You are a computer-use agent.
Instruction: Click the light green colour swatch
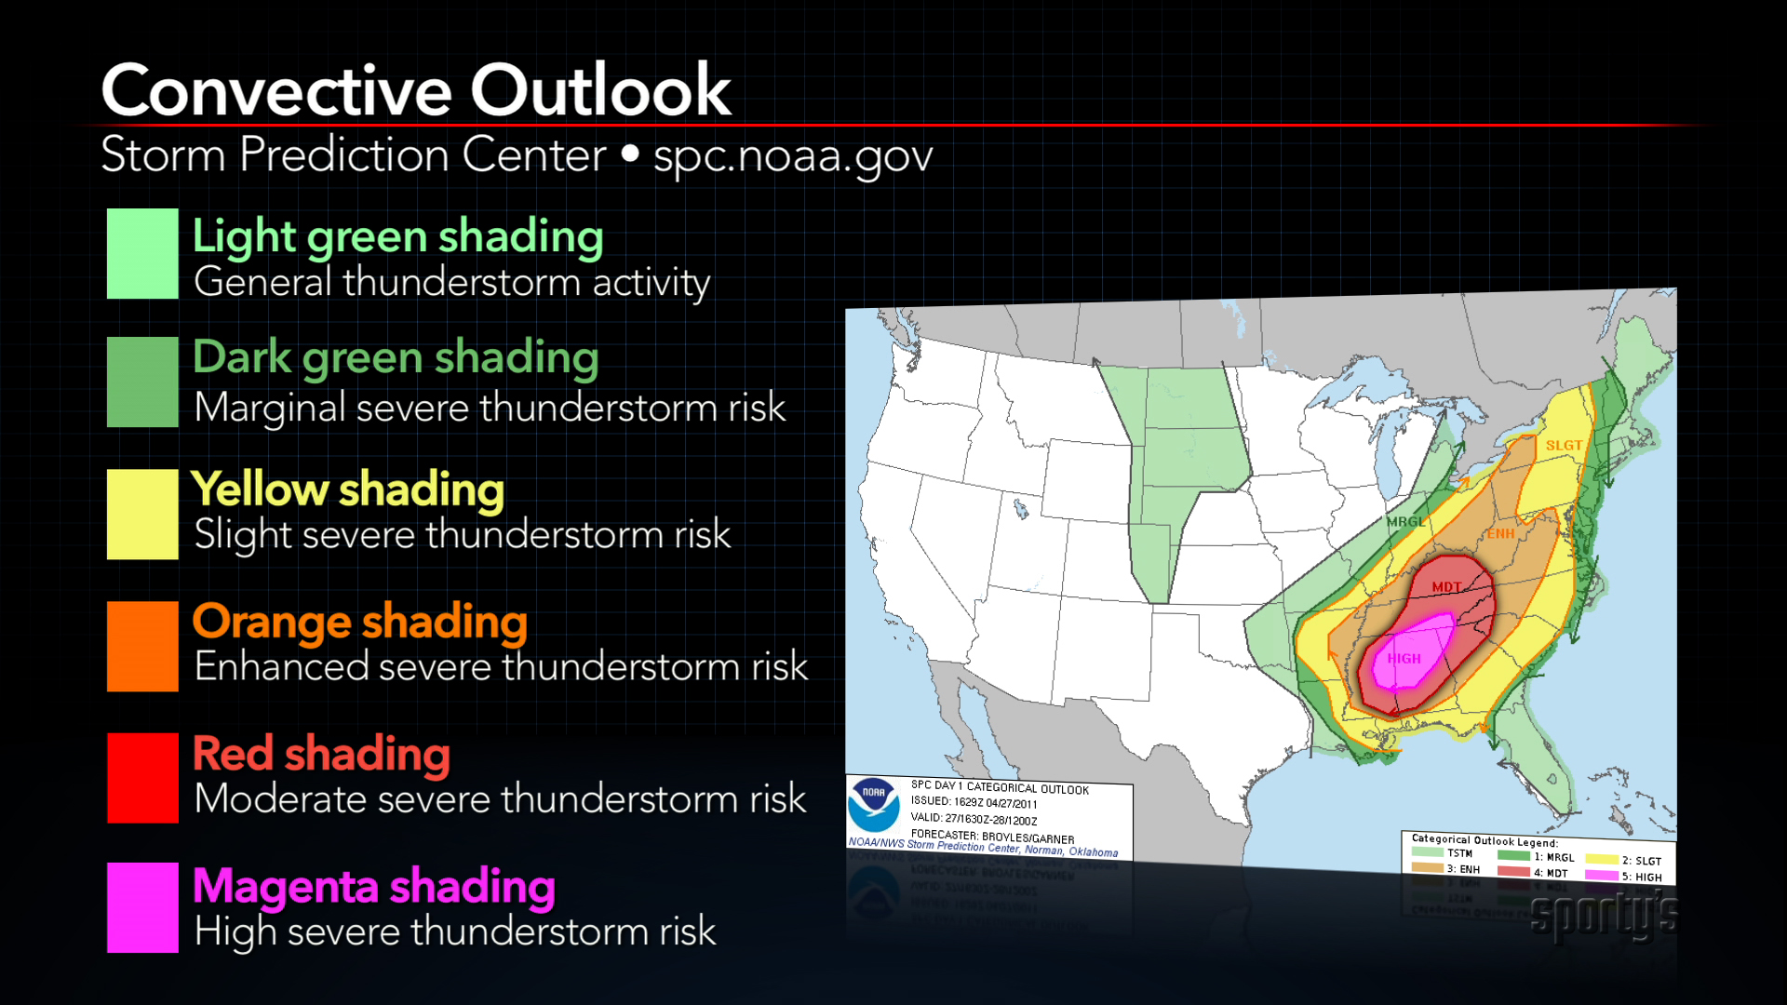[x=142, y=253]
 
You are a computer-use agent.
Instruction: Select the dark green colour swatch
[x=142, y=382]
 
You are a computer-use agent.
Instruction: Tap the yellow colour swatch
[x=142, y=514]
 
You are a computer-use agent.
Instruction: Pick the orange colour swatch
[x=142, y=646]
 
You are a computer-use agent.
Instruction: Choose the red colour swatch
[x=142, y=778]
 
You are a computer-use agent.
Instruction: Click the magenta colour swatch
[x=142, y=907]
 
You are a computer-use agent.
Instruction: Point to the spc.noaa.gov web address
[x=793, y=155]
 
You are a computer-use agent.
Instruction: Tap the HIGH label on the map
[x=1404, y=658]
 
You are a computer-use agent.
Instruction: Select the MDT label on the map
[x=1446, y=586]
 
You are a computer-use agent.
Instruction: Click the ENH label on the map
[x=1499, y=533]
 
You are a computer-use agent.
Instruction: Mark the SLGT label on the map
[x=1564, y=445]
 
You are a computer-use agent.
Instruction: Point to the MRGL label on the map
[x=1405, y=521]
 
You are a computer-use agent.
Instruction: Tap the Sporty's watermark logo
[x=1604, y=915]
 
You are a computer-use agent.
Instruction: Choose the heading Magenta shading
[x=373, y=886]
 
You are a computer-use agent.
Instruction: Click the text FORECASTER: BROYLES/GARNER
[x=992, y=836]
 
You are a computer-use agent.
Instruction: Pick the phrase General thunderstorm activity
[x=451, y=282]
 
